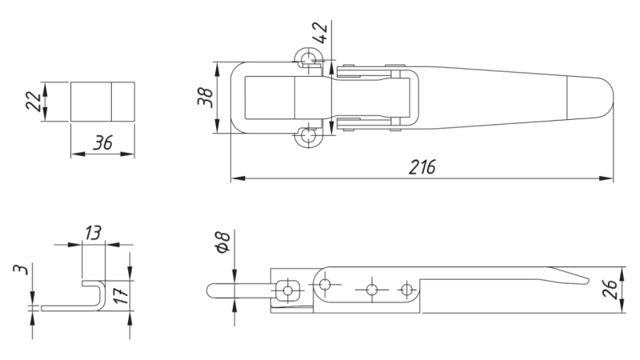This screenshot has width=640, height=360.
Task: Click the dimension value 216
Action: pos(422,168)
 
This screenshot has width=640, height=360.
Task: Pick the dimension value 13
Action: pos(94,233)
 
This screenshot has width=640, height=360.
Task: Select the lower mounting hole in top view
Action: pos(308,138)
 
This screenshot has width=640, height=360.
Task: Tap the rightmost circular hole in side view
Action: pos(407,289)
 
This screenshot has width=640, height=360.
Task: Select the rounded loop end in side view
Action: pos(212,289)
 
